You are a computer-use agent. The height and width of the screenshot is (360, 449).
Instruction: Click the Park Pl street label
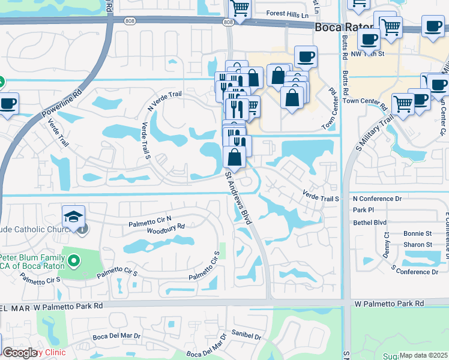(x=363, y=210)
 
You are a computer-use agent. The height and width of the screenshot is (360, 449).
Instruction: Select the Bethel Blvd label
(x=370, y=222)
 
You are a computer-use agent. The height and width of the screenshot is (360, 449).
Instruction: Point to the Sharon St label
(x=418, y=245)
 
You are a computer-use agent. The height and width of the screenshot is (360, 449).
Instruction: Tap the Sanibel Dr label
(x=249, y=337)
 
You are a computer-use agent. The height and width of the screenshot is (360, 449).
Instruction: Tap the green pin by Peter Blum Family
(x=74, y=260)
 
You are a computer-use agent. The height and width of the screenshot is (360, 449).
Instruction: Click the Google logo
(x=20, y=353)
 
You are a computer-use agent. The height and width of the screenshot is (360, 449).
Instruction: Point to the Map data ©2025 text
(x=424, y=355)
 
